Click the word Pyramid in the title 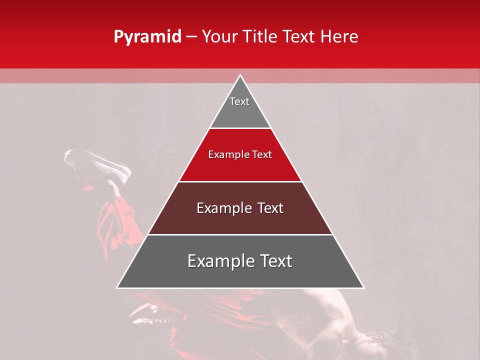tap(147, 37)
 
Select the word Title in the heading tap(261, 36)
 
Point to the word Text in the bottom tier tap(275, 261)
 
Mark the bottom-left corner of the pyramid tap(117, 287)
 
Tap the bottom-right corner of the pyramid tap(363, 287)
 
